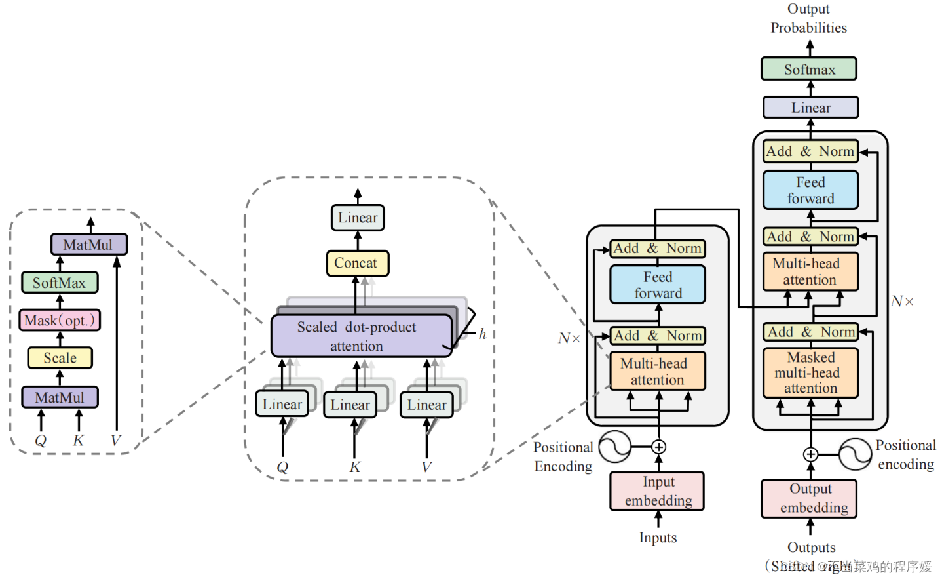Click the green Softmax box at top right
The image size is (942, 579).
(808, 69)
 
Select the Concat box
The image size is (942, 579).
(357, 263)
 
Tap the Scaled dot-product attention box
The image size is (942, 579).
(361, 336)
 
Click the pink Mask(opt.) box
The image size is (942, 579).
(60, 320)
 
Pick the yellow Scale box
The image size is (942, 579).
(60, 358)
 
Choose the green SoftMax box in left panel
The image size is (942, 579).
(60, 283)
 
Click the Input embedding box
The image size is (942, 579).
(657, 491)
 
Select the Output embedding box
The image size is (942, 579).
(809, 498)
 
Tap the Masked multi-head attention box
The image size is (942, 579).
(810, 372)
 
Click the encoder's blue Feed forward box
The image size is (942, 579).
(658, 285)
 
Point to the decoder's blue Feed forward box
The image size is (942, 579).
(810, 190)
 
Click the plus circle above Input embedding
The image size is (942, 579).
(658, 447)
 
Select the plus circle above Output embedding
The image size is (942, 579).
(810, 454)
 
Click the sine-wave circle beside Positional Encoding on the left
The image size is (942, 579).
(614, 447)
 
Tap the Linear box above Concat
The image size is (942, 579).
(358, 218)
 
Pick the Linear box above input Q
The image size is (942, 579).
(282, 405)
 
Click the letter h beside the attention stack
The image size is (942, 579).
(482, 334)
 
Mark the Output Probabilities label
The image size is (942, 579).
(808, 18)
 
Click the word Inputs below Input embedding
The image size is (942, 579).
(658, 538)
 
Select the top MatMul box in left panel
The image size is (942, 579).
(88, 245)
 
